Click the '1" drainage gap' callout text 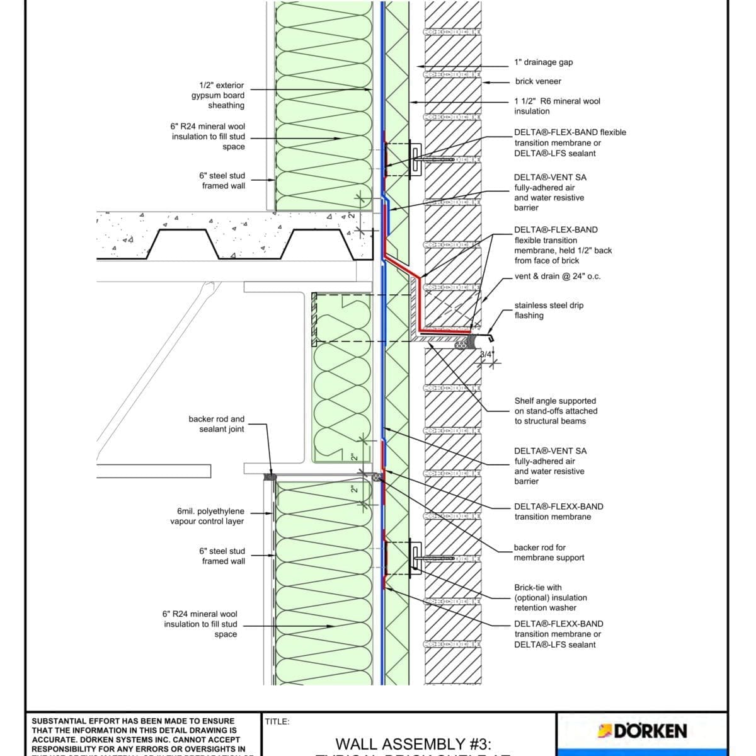click(x=543, y=62)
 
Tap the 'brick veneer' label click(x=537, y=81)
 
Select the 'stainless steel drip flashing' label click(x=548, y=310)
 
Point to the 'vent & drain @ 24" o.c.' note click(x=557, y=276)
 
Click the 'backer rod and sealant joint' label click(x=216, y=424)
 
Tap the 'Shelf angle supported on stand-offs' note click(x=555, y=411)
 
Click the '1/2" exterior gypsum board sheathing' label click(x=218, y=95)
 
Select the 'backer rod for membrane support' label click(x=548, y=553)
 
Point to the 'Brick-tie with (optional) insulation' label click(x=549, y=597)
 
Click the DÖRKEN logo click(x=642, y=731)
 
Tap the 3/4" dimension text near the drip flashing click(x=486, y=355)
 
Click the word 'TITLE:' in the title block click(x=277, y=722)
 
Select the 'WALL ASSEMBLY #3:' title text click(x=413, y=745)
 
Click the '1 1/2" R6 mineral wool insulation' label click(x=557, y=106)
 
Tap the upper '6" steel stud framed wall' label click(x=223, y=181)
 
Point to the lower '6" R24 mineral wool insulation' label click(x=200, y=624)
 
